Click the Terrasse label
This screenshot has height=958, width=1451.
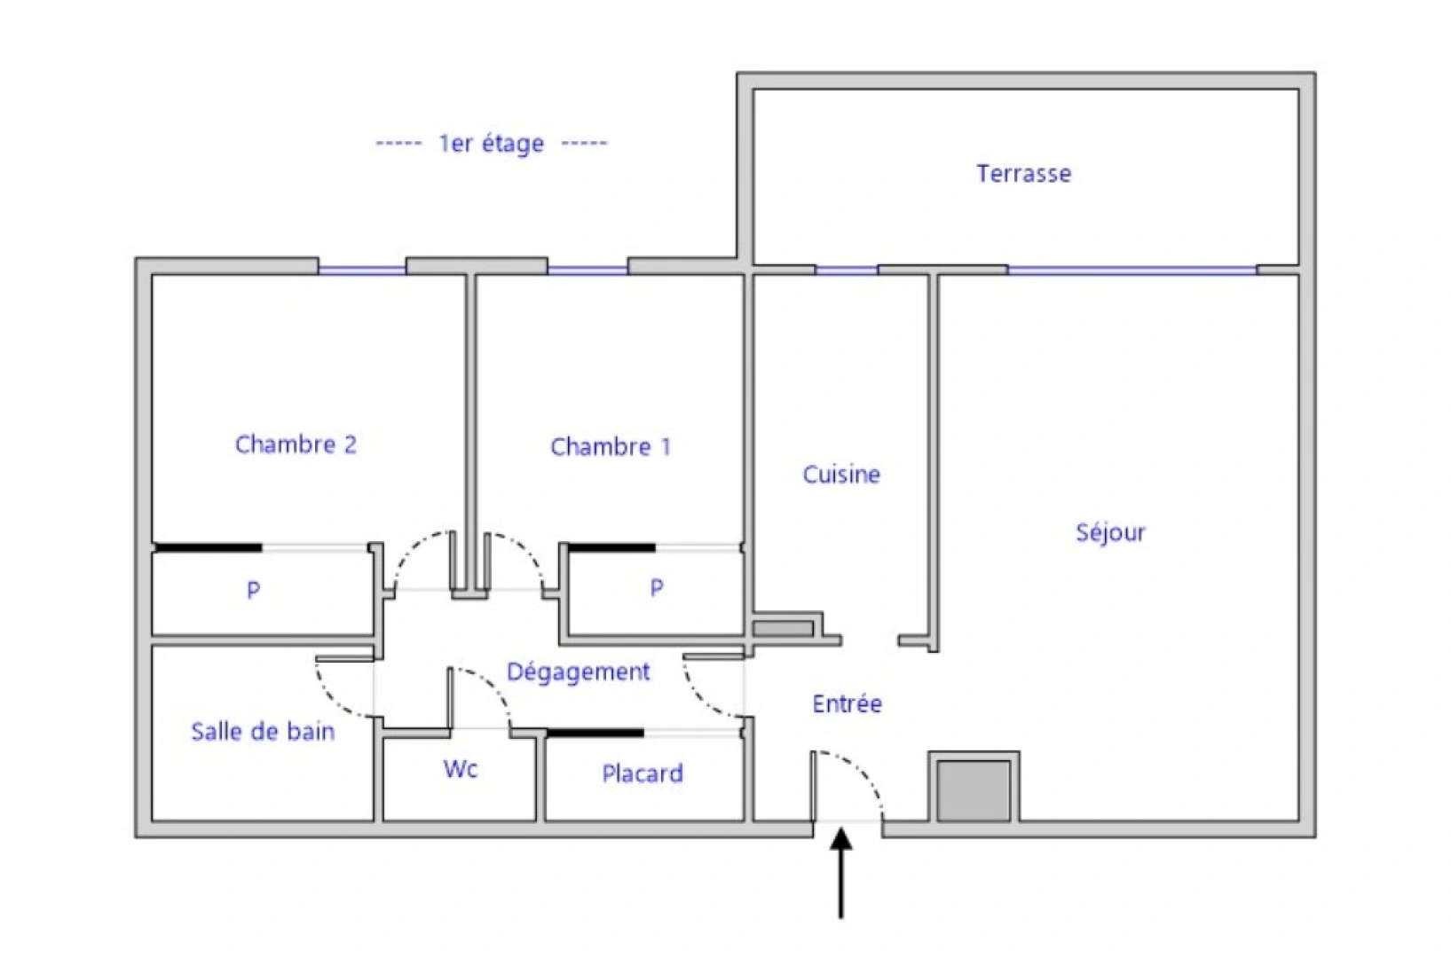[1023, 173]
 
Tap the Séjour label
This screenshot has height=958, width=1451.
[1110, 532]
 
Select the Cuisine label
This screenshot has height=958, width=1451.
[841, 475]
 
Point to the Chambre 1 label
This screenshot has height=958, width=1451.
[611, 446]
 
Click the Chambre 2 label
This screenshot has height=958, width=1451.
[296, 444]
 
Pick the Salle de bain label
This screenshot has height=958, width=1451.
[263, 732]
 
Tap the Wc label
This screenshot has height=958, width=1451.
[461, 768]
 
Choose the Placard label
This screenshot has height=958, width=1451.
[643, 773]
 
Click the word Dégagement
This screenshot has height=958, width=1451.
[578, 671]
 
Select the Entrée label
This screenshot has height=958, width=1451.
[847, 703]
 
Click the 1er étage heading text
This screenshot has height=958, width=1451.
[491, 143]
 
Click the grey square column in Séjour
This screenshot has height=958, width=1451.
[974, 789]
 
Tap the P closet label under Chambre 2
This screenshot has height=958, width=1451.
[254, 590]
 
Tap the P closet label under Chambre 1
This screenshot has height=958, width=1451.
[657, 587]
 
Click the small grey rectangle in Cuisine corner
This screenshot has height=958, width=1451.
[783, 628]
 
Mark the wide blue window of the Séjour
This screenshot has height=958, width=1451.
[1132, 270]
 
